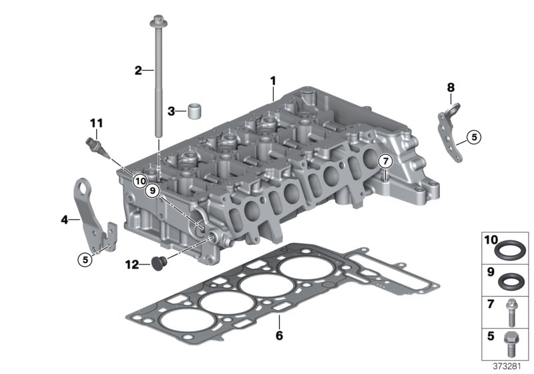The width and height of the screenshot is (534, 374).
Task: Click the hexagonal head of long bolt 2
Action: coord(158,21)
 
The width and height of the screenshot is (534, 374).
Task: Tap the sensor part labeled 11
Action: coord(97,147)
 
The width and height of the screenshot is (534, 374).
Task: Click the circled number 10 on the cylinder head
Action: coord(140,181)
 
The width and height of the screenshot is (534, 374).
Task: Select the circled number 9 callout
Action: coord(152,191)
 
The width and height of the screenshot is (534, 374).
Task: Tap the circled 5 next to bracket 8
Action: coord(474,138)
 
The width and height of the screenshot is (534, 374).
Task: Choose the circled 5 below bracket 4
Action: coord(85,260)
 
